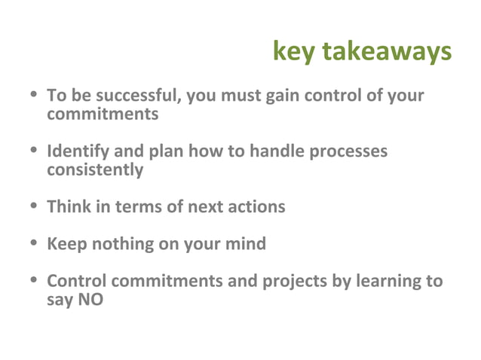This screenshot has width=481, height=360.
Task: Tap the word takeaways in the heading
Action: (x=386, y=52)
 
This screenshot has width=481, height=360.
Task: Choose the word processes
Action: (x=351, y=151)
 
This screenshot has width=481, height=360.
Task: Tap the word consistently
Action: (x=94, y=170)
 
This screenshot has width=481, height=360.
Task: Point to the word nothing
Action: (x=120, y=244)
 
